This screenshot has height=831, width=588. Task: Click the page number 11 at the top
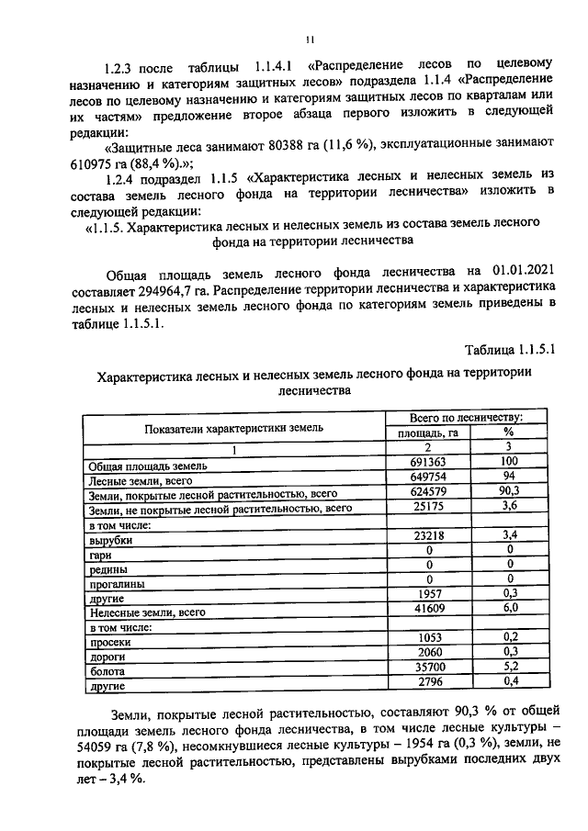311,39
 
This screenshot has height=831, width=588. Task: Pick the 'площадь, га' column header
427,432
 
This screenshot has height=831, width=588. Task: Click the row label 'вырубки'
108,541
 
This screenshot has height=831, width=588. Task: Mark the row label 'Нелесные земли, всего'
145,612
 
